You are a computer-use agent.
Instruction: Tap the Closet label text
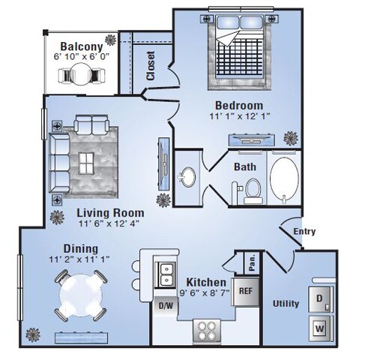coord(151,65)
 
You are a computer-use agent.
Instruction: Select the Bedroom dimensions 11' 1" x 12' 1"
coord(239,117)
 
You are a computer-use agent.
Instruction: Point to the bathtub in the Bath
coord(286,179)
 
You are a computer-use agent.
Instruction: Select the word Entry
coord(304,231)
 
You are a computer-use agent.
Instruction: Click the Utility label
coord(286,304)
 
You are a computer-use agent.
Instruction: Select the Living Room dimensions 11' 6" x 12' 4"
coord(108,222)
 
